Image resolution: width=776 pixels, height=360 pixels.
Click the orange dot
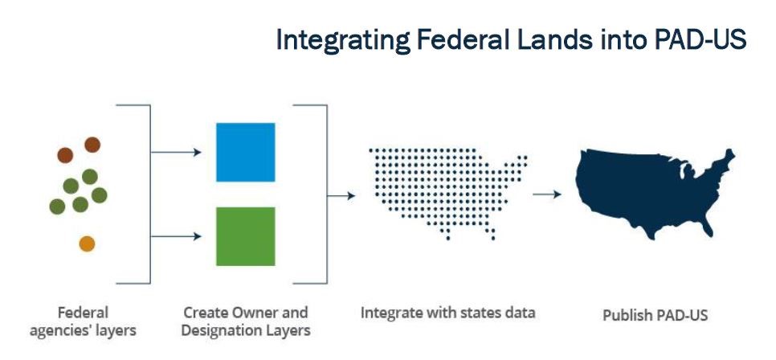[x=87, y=243]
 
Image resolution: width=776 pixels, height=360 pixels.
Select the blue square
[x=246, y=152]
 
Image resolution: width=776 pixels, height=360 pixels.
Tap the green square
[x=246, y=236]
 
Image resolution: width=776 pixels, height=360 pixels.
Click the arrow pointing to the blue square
[x=176, y=152]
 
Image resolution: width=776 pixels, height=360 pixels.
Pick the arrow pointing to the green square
[x=176, y=236]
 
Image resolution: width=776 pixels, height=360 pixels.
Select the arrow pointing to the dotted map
[x=341, y=195]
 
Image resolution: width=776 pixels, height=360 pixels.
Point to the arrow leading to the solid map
[x=547, y=194]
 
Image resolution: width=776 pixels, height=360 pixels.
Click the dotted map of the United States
[x=447, y=194]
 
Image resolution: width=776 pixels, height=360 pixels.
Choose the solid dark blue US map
[x=655, y=194]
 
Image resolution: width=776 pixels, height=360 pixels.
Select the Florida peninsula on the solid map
[x=706, y=225]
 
